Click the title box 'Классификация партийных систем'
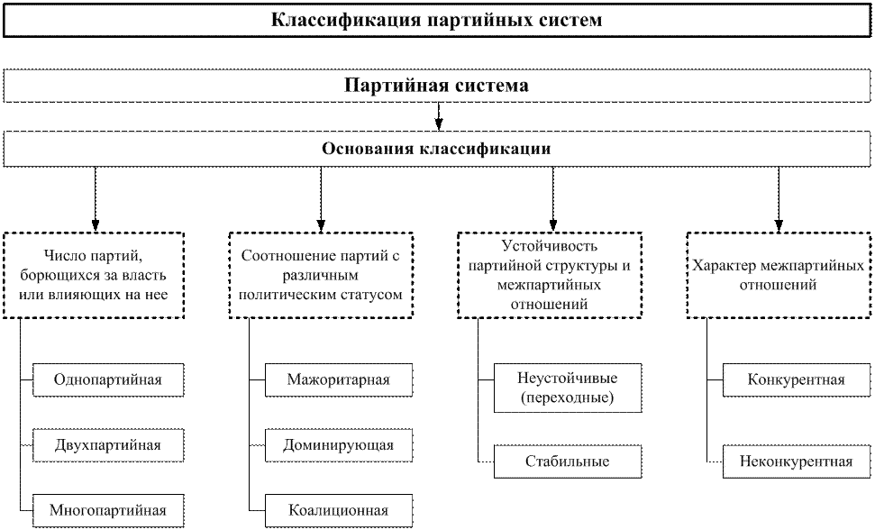coord(437,21)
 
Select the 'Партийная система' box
coord(437,86)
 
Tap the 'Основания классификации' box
coord(437,149)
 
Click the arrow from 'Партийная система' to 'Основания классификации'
coord(439,116)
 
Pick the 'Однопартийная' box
coord(108,380)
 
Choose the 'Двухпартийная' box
coord(108,445)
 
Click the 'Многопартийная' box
coord(108,510)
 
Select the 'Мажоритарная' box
coord(339,380)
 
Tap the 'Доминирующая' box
coord(339,445)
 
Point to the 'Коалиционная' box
coord(339,510)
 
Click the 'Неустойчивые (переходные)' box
coord(568,388)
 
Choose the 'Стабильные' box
coord(568,461)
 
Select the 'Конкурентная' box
coord(797,380)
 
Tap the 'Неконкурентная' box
coord(797,461)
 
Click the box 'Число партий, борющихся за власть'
coord(94,276)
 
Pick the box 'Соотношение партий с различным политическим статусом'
coord(321,276)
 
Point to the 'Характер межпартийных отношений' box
coord(779,276)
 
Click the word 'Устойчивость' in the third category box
coord(549,246)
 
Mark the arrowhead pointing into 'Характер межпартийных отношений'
coord(779,225)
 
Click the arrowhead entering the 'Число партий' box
coord(96,225)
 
